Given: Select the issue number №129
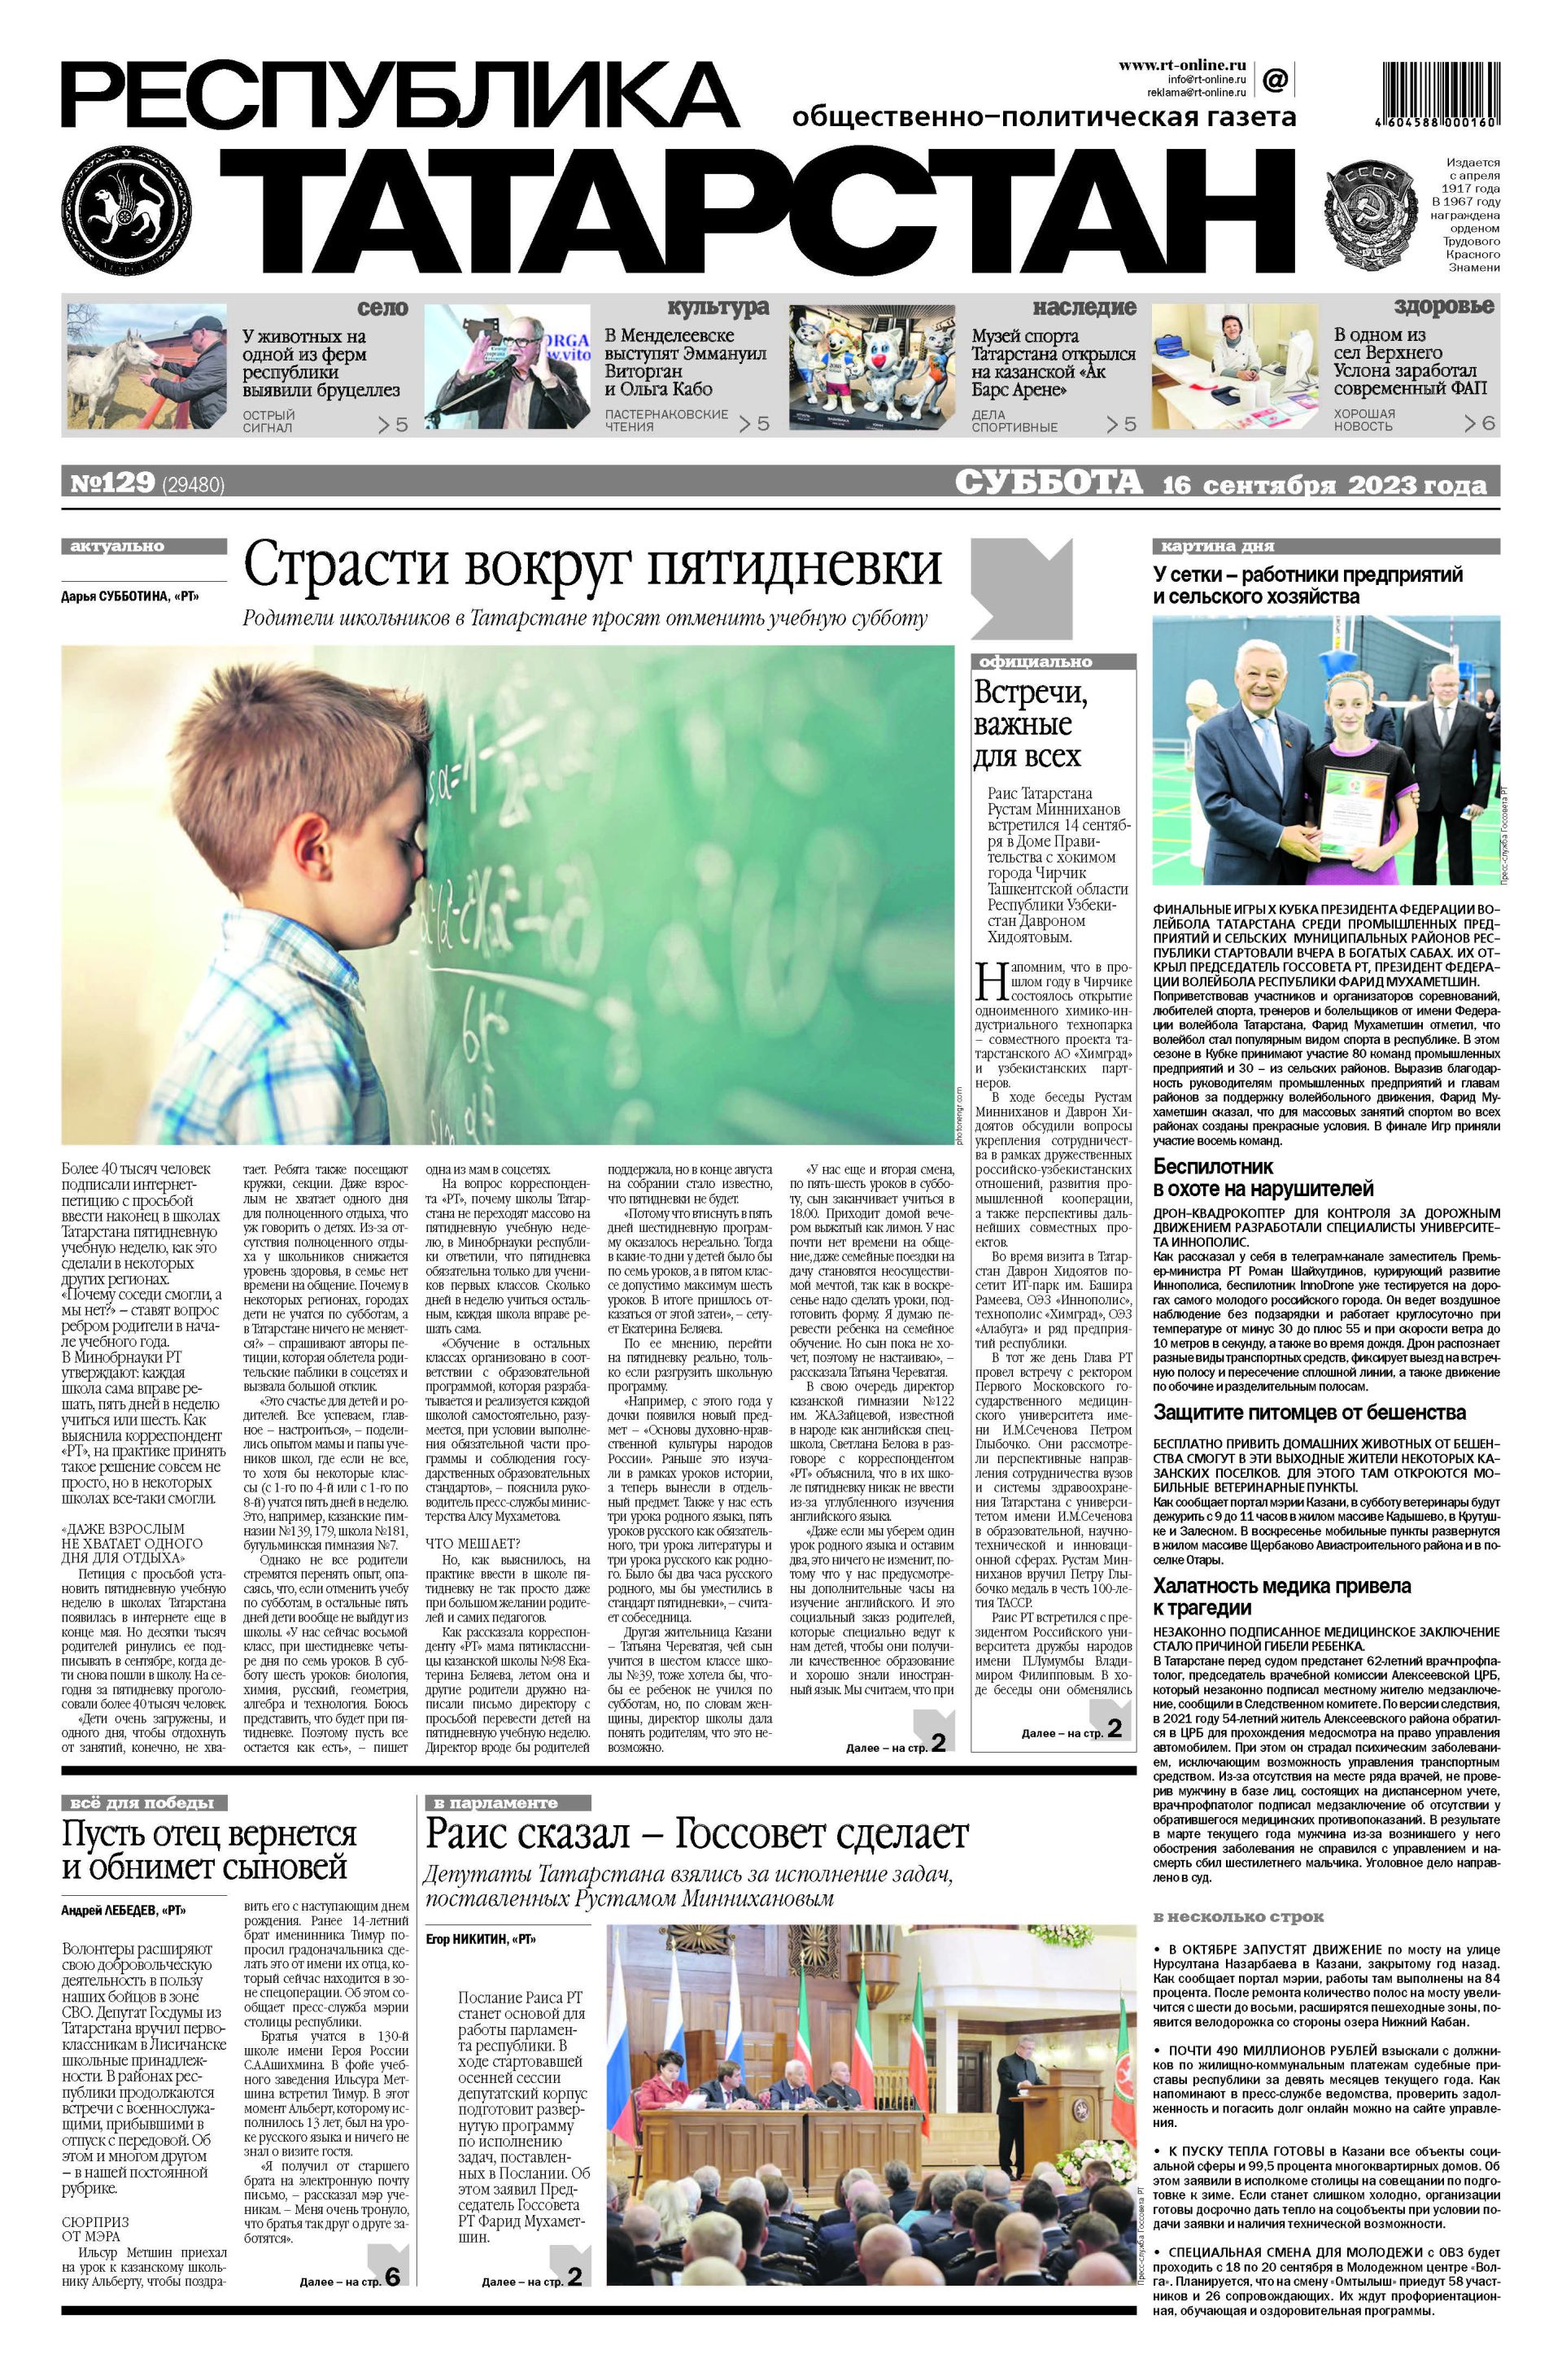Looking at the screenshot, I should (111, 483).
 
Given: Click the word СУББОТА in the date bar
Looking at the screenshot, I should (1047, 483).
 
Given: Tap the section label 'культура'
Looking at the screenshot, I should (718, 307).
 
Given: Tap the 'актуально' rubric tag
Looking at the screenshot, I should (118, 546).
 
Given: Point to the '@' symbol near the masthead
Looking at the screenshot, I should (1275, 78).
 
